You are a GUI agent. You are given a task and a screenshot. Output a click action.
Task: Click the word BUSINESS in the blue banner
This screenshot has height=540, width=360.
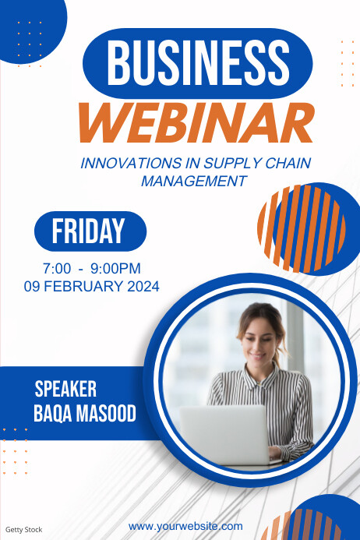point(196,62)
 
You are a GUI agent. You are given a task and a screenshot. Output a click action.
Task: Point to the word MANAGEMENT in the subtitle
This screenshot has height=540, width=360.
point(194,182)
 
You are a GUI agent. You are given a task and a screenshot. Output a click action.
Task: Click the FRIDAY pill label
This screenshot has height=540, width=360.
point(89,231)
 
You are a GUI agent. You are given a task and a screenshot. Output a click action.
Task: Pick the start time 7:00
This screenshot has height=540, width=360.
point(57,268)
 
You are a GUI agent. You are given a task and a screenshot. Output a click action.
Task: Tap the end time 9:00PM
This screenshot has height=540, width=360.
point(116,268)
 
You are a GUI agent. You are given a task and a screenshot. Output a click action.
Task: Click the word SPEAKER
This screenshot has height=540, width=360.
point(65,389)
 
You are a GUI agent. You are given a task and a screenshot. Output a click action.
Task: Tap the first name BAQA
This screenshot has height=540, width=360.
point(51,413)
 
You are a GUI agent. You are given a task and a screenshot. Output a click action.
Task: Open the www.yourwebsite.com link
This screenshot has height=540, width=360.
point(185,526)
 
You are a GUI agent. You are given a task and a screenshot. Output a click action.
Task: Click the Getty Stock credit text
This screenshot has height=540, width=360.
point(24,529)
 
